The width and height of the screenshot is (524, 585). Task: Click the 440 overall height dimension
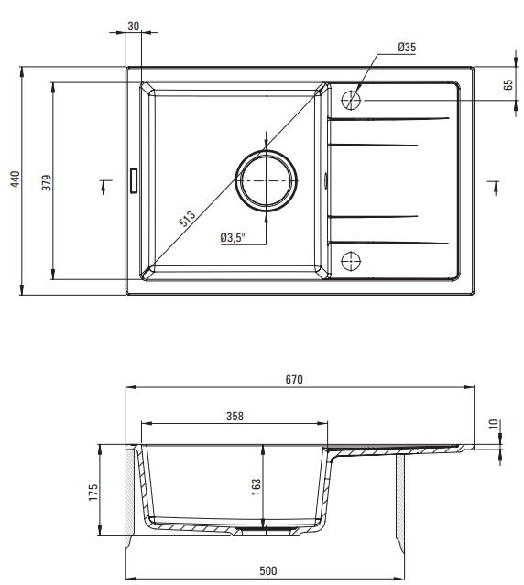pyautogui.click(x=15, y=179)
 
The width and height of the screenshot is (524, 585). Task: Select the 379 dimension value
pyautogui.click(x=47, y=182)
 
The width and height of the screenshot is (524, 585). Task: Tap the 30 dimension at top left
pyautogui.click(x=133, y=27)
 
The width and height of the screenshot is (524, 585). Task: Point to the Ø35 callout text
pyautogui.click(x=407, y=47)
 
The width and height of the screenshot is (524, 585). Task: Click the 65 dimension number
pyautogui.click(x=508, y=85)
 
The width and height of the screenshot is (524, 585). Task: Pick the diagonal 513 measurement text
pyautogui.click(x=187, y=219)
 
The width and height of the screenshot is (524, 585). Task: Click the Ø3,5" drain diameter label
pyautogui.click(x=233, y=238)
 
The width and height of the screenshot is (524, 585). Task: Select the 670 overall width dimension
pyautogui.click(x=294, y=379)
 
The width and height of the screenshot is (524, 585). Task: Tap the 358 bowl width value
pyautogui.click(x=235, y=416)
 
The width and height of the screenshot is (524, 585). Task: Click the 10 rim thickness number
pyautogui.click(x=494, y=424)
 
